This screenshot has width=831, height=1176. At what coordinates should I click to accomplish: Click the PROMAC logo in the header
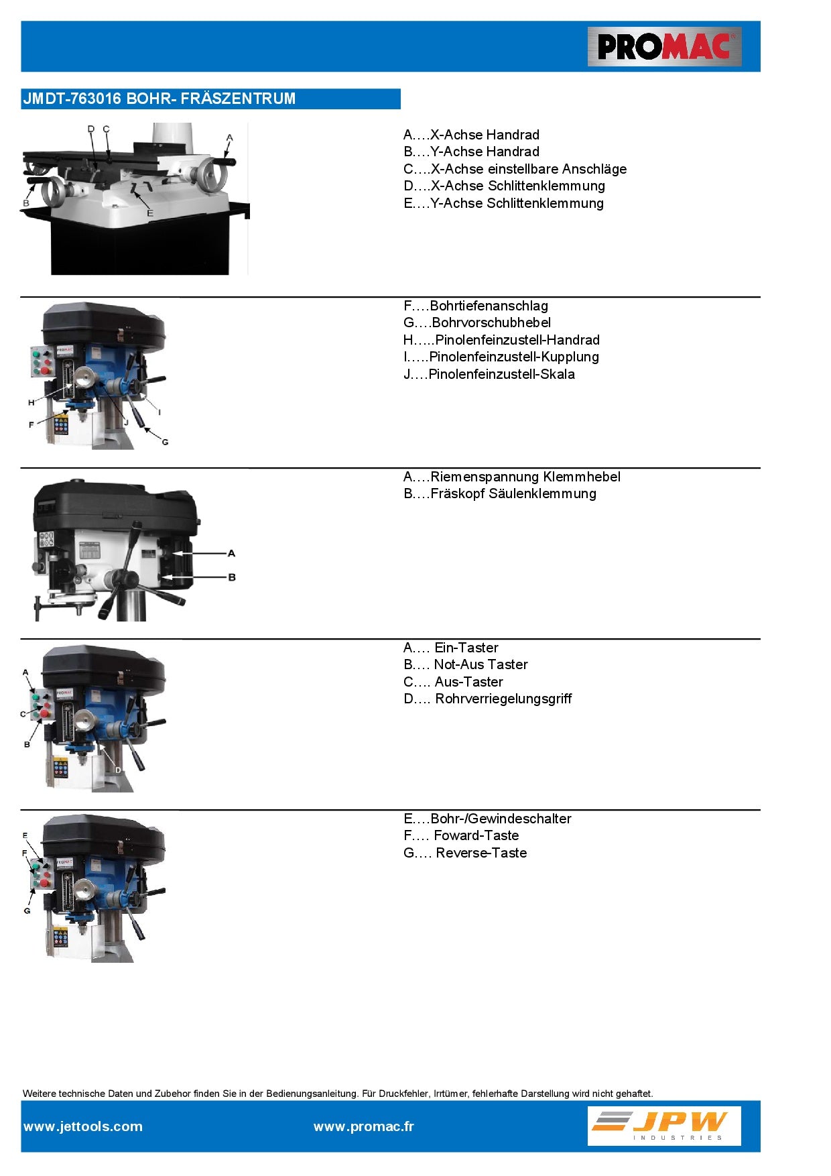664,47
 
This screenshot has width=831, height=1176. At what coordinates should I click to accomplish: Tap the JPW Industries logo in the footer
664,1126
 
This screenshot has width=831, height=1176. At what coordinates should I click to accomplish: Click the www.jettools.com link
83,1126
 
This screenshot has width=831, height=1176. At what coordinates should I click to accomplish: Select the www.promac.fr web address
363,1126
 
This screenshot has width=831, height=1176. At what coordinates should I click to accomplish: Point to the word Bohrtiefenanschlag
489,306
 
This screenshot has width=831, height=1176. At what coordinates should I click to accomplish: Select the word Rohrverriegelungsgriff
503,699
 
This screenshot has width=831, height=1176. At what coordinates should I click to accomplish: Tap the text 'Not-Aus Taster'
481,664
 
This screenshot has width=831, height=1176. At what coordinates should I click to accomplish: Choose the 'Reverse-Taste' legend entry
481,853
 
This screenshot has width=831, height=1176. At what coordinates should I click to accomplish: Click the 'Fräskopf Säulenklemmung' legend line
513,493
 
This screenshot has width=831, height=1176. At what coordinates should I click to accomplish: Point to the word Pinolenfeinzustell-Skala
501,374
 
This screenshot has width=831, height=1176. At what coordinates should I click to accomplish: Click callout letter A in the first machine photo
229,137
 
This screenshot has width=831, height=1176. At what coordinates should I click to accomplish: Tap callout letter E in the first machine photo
150,213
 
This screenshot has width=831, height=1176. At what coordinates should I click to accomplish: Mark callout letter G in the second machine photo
165,442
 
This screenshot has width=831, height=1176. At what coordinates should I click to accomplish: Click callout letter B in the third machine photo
232,577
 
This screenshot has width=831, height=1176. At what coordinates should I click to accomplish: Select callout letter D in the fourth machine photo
118,770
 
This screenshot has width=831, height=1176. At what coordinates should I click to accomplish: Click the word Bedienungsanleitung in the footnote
312,1094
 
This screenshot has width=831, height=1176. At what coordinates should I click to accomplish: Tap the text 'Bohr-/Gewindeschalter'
501,819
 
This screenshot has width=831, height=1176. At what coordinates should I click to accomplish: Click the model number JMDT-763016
72,99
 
